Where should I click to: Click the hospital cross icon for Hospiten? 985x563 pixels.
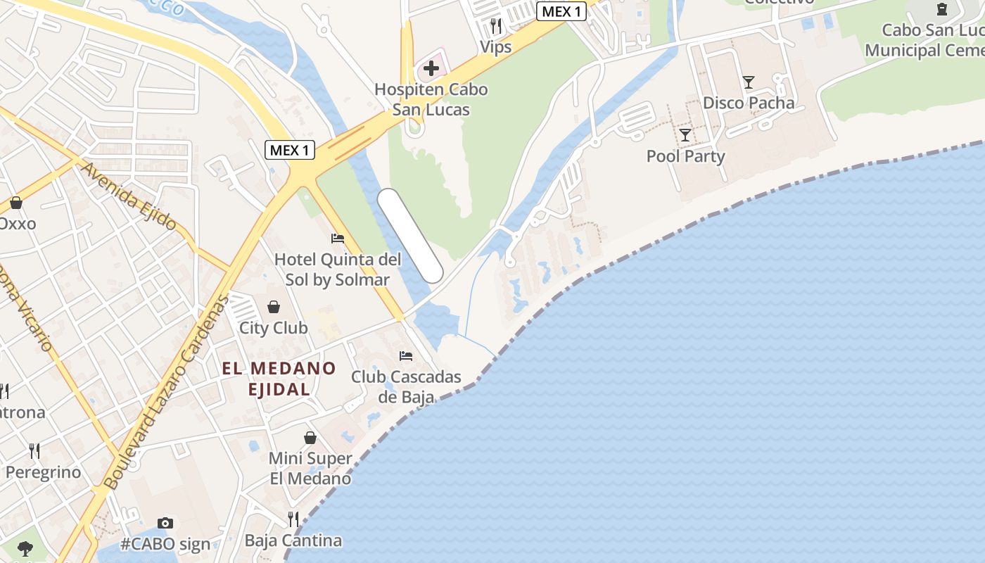pos(431,68)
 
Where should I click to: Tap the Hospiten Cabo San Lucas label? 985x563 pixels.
pos(431,99)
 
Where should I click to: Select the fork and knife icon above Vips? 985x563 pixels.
pos(496,26)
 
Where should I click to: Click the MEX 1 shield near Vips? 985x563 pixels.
pos(561,11)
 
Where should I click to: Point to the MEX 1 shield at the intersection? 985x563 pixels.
pos(289,150)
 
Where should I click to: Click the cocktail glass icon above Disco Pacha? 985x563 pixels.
pos(749,82)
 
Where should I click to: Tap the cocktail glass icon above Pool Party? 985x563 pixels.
pos(685,134)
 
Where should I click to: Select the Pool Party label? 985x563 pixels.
pos(685,156)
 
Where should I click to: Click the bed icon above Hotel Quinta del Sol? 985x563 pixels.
pos(338,239)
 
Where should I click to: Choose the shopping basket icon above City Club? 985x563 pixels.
pos(273,307)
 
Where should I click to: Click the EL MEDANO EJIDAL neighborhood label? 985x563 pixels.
pos(279,378)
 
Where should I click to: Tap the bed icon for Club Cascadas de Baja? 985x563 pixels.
pos(406,356)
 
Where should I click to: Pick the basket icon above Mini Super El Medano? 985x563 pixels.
pos(310,438)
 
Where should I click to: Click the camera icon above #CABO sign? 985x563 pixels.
pos(165,523)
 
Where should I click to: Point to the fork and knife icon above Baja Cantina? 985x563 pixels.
pos(293,519)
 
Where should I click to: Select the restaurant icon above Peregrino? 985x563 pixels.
pos(34,450)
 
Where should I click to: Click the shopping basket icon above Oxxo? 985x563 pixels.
pos(16,203)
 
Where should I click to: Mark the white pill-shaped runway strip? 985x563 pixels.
pos(410,236)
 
